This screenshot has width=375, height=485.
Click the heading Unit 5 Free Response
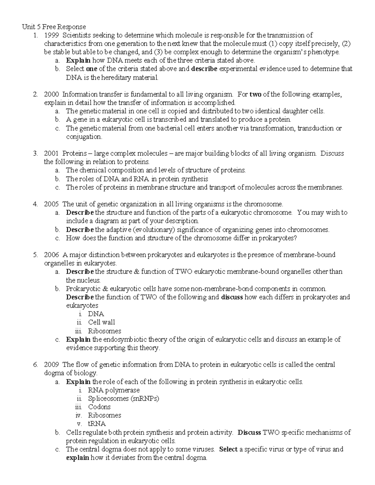tap(54, 27)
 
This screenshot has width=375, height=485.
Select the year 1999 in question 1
tap(51, 35)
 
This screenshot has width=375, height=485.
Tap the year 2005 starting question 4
tap(51, 204)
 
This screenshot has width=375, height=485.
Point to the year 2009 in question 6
tap(51, 365)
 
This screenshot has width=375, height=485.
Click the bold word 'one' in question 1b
tap(91, 69)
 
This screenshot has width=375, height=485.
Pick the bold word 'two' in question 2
tap(255, 94)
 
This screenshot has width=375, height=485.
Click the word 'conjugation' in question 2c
tap(84, 137)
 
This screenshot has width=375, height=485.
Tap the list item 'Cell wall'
tap(101, 322)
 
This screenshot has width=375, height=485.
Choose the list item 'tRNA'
tap(97, 424)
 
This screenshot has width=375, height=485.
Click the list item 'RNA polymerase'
tap(114, 390)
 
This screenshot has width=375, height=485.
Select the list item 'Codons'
tap(99, 407)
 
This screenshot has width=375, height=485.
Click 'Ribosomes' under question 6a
tap(104, 415)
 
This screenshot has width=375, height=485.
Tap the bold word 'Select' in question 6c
tap(228, 449)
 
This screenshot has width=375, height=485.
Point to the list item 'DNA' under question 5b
tap(96, 314)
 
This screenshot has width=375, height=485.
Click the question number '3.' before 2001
tap(35, 153)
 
